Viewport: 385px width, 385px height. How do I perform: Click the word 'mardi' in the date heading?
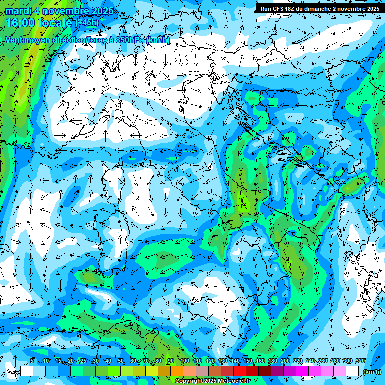tap(17, 11)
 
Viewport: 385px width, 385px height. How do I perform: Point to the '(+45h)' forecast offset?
tap(86, 22)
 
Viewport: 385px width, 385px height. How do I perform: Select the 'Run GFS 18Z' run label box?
tap(320, 8)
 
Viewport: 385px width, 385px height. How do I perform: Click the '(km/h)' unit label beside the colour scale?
tap(371, 372)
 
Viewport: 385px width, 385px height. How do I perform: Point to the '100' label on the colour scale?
tap(184, 361)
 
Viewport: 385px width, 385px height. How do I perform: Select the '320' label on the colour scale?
tap(360, 361)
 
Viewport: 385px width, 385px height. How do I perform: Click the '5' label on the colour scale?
tap(32, 361)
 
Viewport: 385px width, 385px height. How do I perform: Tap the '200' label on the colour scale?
tap(285, 361)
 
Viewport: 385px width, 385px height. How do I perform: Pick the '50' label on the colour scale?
tap(121, 361)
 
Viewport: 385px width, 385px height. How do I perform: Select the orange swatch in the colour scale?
tap(177, 371)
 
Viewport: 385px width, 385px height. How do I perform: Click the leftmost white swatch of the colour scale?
tap(27, 371)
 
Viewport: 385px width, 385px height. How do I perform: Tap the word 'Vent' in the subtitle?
tap(14, 40)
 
